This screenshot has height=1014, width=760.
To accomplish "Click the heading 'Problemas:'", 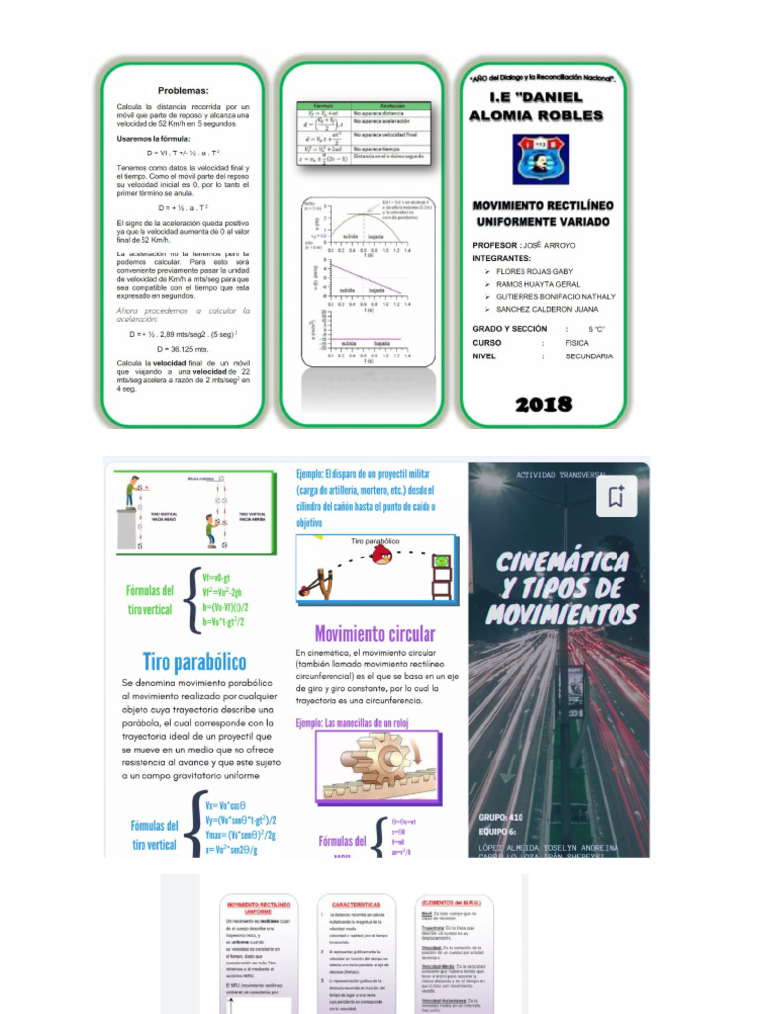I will [x=183, y=90].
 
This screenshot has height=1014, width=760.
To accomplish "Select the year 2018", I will [x=543, y=403].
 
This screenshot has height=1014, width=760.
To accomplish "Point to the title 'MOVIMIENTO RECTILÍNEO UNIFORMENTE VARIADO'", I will [x=542, y=213].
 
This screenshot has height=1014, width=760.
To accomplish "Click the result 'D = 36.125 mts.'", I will [x=183, y=349].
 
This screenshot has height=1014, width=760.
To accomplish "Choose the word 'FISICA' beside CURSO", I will [x=576, y=342].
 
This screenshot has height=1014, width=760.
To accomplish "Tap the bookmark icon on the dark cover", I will [x=617, y=498].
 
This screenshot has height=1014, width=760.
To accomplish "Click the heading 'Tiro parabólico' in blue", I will [x=195, y=661].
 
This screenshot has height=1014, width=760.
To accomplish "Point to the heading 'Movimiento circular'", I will [x=374, y=633].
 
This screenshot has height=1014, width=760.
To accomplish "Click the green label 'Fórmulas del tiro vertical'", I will [x=149, y=600].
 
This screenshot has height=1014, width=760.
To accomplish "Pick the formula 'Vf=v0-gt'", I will [x=217, y=577].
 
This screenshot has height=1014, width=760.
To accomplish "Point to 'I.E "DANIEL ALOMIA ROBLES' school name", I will [x=542, y=107].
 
